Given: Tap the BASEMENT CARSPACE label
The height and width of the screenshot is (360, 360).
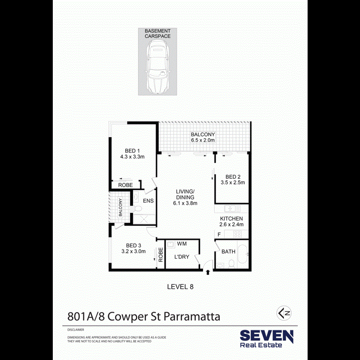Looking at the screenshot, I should pos(158,34).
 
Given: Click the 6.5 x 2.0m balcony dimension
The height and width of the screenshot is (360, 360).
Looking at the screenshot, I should pos(203,140).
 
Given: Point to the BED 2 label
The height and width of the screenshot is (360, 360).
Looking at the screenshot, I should pos(232,177).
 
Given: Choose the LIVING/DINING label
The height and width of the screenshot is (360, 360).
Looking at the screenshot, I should pos(185,194).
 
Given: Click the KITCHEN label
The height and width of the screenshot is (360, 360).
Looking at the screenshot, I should pos(232,219).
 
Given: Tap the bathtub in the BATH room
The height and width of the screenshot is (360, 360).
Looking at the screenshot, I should pos(242,255).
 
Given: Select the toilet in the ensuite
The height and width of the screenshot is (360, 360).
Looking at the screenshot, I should pos(136,209).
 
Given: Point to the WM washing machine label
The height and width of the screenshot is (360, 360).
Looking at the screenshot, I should pos(182,243).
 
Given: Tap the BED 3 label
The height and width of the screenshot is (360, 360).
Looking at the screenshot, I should pos(133,246).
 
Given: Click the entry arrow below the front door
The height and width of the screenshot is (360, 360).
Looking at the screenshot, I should pos(208,272).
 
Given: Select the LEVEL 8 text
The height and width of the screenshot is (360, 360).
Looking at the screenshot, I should pos(180,287).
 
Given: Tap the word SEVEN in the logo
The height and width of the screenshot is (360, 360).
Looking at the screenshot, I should pos(266,335).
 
